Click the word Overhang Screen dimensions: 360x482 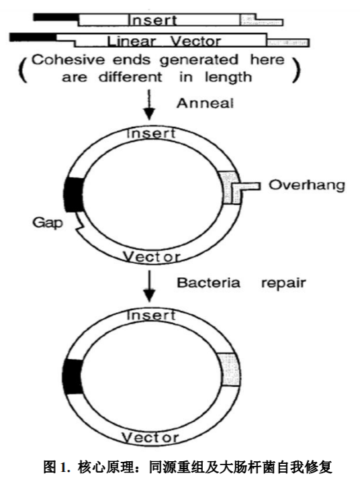(x=307, y=185)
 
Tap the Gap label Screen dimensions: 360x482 (x=48, y=223)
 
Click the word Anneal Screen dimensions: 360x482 (x=205, y=103)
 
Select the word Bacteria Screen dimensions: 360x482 (x=208, y=283)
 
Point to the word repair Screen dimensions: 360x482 (x=283, y=283)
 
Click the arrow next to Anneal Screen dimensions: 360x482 (x=149, y=105)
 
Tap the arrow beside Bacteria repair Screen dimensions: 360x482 (x=149, y=286)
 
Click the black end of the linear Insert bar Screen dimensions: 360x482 (x=56, y=17)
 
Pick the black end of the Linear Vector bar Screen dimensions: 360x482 (x=33, y=37)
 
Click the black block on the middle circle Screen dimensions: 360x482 (x=74, y=195)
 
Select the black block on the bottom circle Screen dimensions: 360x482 (x=73, y=377)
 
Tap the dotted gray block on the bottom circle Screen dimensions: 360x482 (x=230, y=370)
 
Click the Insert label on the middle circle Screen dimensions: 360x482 (x=151, y=134)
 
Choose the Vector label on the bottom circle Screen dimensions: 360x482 (x=150, y=438)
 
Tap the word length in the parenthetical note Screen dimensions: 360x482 (x=228, y=77)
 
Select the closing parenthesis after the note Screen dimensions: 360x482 (x=296, y=69)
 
